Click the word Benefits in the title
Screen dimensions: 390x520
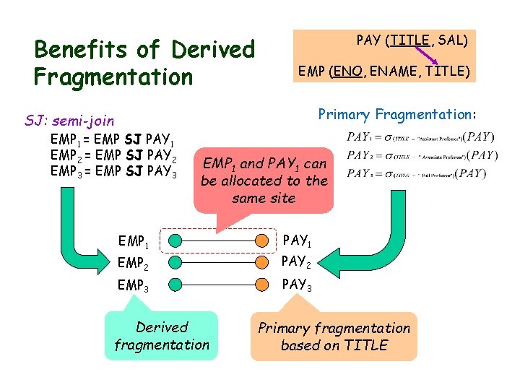point(80,50)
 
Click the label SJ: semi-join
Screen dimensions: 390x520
point(69,120)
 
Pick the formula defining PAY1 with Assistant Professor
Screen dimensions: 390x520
point(420,136)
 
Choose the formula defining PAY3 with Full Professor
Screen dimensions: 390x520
point(420,173)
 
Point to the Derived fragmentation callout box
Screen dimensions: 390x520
point(162,336)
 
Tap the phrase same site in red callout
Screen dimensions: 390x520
point(264,198)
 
